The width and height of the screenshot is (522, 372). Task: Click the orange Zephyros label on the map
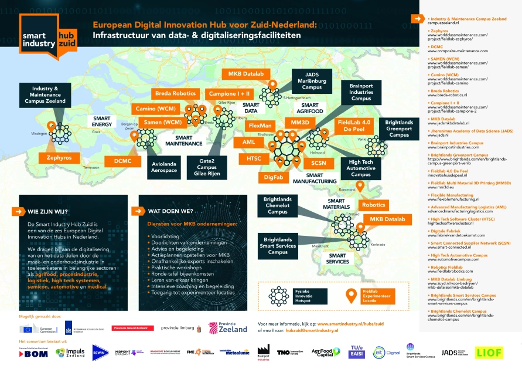point(59,158)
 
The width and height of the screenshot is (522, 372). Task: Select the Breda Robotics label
point(175,93)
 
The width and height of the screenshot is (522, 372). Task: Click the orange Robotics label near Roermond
point(373,205)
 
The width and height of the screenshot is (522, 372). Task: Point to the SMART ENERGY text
point(101,121)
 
